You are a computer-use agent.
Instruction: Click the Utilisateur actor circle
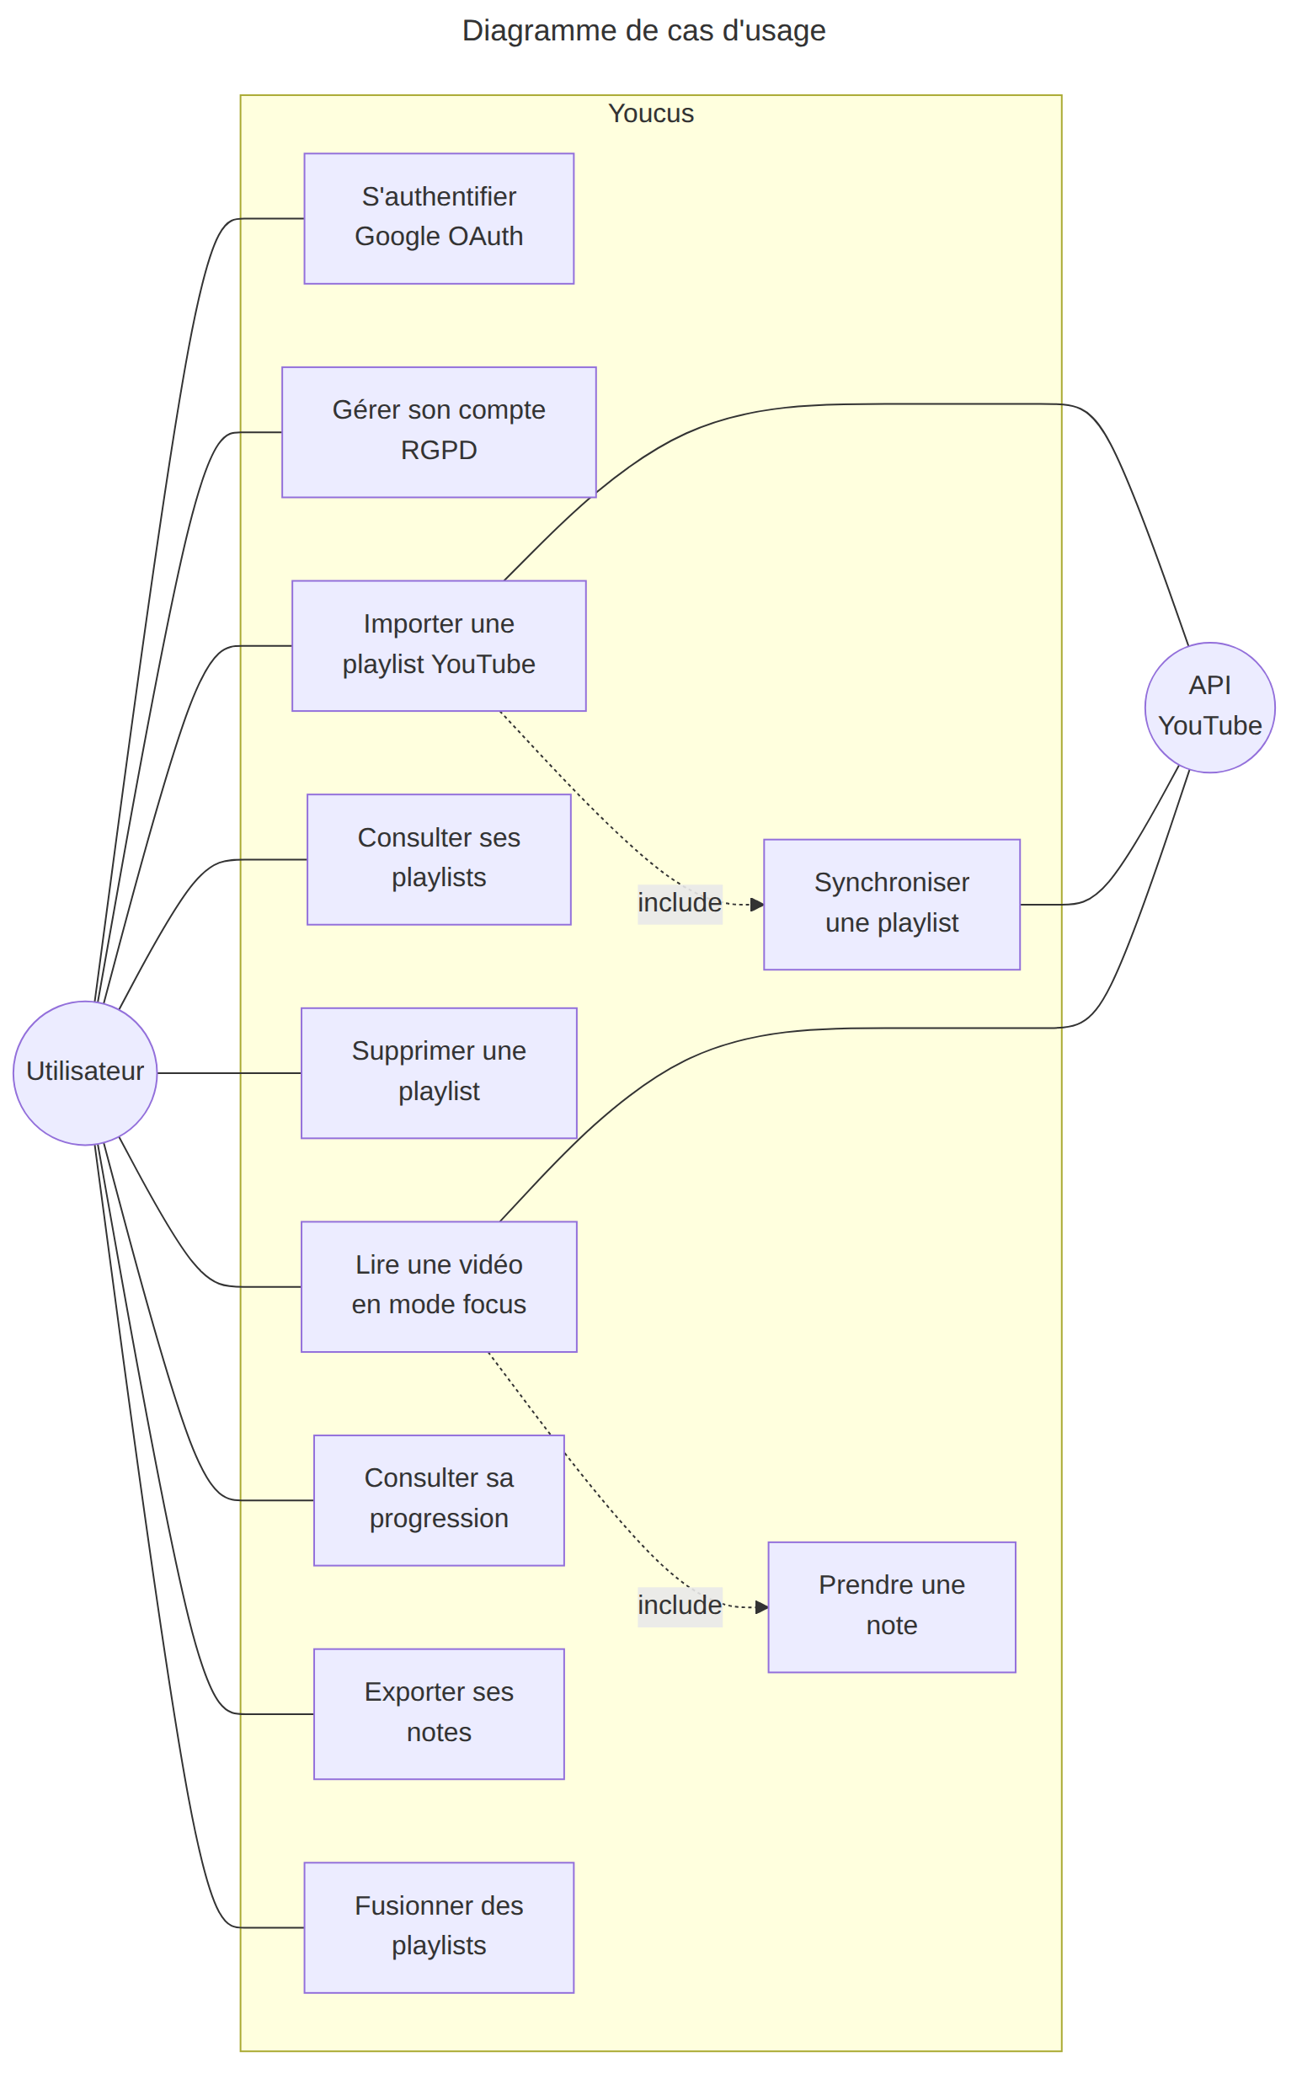[x=85, y=1073]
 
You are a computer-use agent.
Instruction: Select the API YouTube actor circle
[x=1210, y=707]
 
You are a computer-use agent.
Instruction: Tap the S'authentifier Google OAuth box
[x=439, y=219]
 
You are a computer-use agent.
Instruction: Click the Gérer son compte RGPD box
[x=439, y=432]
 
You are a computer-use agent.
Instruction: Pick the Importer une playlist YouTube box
[x=439, y=646]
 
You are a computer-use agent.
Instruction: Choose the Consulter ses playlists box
[x=439, y=859]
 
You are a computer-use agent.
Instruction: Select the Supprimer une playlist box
[x=439, y=1073]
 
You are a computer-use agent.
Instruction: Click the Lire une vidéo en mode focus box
[x=439, y=1286]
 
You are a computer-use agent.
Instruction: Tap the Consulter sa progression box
[x=439, y=1500]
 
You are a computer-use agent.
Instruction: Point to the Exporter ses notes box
[x=439, y=1713]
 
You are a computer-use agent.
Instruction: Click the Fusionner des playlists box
[x=439, y=1927]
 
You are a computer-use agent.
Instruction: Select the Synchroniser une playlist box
[x=892, y=904]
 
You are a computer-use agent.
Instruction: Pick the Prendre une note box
[x=892, y=1607]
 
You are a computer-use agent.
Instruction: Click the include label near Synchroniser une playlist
[x=680, y=902]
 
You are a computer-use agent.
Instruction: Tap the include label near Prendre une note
[x=680, y=1606]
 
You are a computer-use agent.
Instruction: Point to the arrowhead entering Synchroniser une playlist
[x=758, y=904]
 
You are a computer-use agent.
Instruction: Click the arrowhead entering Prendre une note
[x=762, y=1607]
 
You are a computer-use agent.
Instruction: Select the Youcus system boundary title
[x=651, y=114]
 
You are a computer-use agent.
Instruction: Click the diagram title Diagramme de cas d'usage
[x=644, y=30]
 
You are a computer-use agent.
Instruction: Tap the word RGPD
[x=439, y=451]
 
